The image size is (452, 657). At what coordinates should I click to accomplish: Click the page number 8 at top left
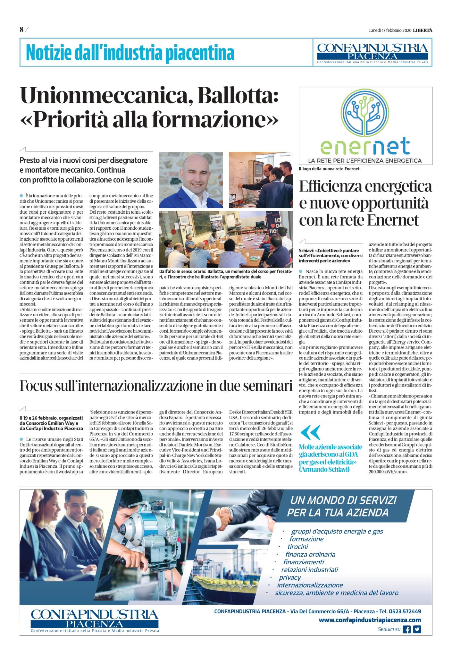[x=22, y=30]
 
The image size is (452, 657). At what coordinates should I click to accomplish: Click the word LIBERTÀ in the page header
[x=423, y=30]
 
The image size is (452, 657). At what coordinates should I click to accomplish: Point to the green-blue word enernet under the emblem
[x=365, y=146]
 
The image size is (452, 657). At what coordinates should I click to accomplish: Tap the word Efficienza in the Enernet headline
[x=335, y=187]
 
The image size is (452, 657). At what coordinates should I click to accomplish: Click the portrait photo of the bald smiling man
[x=191, y=180]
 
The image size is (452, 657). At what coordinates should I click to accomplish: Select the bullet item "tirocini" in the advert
[x=298, y=547]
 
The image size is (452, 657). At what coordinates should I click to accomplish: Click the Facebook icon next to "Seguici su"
[x=407, y=629]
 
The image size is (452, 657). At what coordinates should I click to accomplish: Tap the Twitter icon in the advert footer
[x=417, y=629]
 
